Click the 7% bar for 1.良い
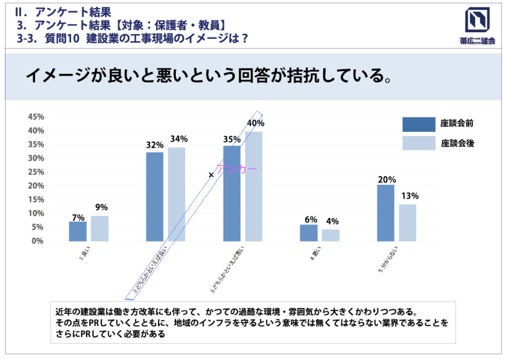click(78, 231)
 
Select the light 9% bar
click(99, 229)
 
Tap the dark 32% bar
click(155, 197)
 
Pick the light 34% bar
click(176, 194)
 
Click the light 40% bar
click(253, 186)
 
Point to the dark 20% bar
click(385, 213)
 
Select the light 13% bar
click(408, 223)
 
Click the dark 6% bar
click(309, 233)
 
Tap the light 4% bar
click(331, 235)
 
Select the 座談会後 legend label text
click(457, 144)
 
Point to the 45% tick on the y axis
click(37, 117)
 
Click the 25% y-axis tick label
click(37, 172)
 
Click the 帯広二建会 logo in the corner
click(477, 26)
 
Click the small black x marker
click(211, 175)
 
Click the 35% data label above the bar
click(232, 139)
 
